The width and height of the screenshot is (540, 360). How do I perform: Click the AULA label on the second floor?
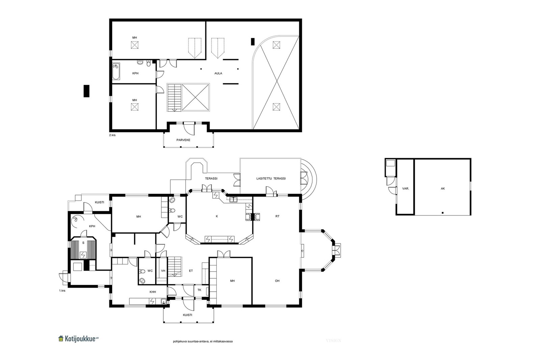point(218,73)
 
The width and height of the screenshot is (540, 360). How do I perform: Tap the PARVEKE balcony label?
point(183,140)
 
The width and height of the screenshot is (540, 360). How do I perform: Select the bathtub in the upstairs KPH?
point(116,71)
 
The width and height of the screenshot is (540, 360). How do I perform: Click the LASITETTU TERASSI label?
point(271,178)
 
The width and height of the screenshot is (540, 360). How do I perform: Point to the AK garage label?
point(442,189)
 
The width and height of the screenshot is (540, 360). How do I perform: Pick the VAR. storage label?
point(405,189)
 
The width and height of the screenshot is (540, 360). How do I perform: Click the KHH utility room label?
point(153,292)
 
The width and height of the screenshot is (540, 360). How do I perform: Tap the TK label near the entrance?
point(199,290)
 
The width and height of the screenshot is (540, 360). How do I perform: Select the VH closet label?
point(163,271)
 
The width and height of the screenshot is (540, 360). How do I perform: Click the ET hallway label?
point(191,271)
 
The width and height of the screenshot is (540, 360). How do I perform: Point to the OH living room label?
point(277,281)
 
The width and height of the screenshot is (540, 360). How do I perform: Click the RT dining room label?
point(277,216)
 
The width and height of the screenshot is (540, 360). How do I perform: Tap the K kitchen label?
point(217,216)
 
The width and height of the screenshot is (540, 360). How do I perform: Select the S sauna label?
point(83,243)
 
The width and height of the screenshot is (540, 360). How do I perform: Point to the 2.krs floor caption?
point(112,135)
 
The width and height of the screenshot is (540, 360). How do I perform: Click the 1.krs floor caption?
point(62,290)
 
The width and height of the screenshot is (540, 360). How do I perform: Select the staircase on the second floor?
point(174,98)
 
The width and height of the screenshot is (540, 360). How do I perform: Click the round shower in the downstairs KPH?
point(77,220)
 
